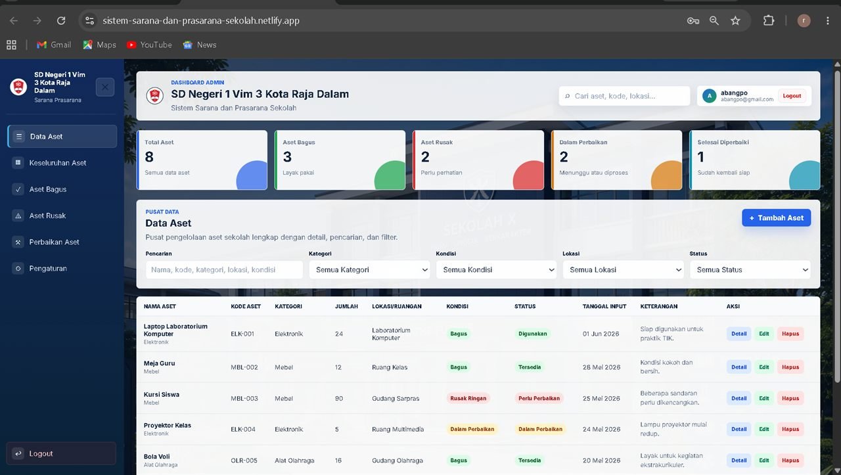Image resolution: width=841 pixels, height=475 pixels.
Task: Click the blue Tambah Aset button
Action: pyautogui.click(x=776, y=217)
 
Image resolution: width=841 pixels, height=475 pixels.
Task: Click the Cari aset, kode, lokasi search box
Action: pyautogui.click(x=624, y=96)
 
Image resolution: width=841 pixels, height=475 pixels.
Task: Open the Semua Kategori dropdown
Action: pyautogui.click(x=369, y=269)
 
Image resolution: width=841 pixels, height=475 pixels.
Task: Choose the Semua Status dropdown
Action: pyautogui.click(x=750, y=269)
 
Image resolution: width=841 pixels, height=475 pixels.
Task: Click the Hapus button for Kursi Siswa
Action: pyautogui.click(x=790, y=398)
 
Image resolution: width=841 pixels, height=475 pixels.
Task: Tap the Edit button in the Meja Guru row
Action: pyautogui.click(x=764, y=367)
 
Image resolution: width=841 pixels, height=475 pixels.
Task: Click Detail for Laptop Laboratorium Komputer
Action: pyautogui.click(x=739, y=334)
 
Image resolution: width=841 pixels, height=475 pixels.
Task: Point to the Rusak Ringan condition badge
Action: pyautogui.click(x=468, y=398)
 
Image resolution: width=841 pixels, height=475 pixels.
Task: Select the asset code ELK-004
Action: pyautogui.click(x=243, y=429)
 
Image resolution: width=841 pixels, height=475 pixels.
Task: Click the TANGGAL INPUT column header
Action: pyautogui.click(x=604, y=306)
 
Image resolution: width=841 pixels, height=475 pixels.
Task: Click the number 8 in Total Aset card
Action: pyautogui.click(x=149, y=157)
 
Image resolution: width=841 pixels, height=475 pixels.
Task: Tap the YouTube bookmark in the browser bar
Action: pyautogui.click(x=149, y=45)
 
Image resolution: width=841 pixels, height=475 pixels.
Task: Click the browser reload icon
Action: pyautogui.click(x=61, y=20)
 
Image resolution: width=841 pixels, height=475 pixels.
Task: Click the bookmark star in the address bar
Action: pyautogui.click(x=735, y=20)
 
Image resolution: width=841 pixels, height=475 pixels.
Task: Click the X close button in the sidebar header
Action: pyautogui.click(x=105, y=87)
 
